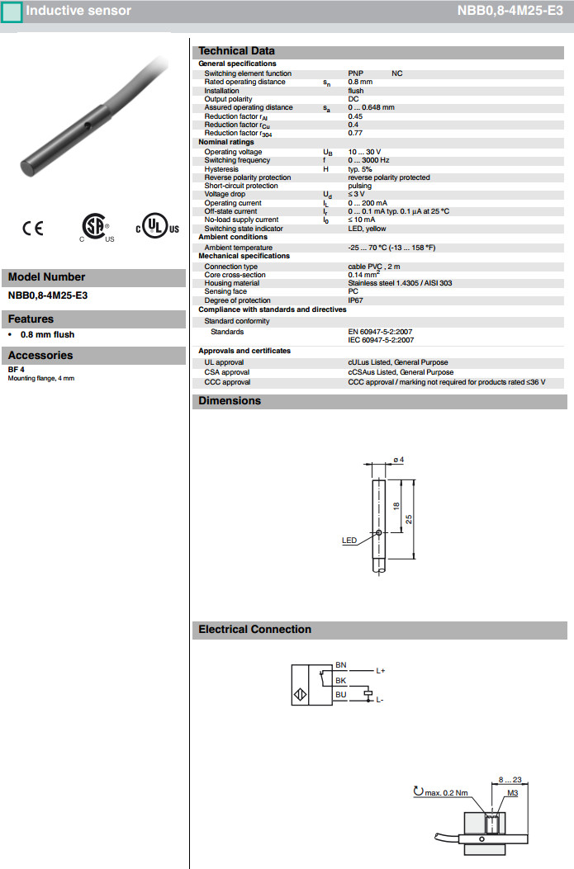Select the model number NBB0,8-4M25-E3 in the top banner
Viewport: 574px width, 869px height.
[x=510, y=12]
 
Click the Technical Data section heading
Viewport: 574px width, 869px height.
[x=236, y=50]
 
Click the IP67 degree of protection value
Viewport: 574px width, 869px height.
[x=355, y=300]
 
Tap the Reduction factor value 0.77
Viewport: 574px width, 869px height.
[x=355, y=133]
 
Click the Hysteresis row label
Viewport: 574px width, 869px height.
[x=221, y=169]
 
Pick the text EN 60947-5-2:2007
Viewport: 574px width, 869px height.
[x=381, y=331]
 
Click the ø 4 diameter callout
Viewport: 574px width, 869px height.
[x=398, y=460]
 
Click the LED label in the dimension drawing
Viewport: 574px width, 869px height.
[x=349, y=541]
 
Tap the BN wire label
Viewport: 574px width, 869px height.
[x=340, y=664]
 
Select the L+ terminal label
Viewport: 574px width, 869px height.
[x=381, y=671]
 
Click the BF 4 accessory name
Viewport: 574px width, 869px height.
[x=16, y=370]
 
